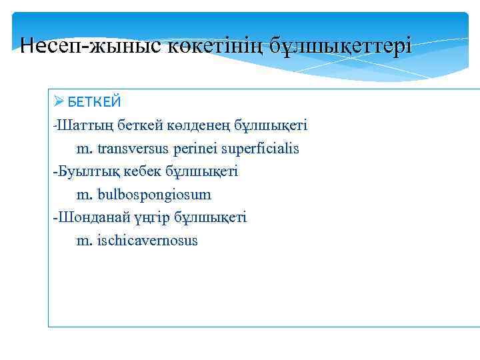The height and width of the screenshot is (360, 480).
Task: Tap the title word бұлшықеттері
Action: pos(343,47)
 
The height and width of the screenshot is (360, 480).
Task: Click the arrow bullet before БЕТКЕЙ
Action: pos(59,102)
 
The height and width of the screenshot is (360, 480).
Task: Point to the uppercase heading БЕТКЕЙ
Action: pos(94,102)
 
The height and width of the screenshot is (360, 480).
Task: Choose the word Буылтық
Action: pos(83,171)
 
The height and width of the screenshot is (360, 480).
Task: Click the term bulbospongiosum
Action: pos(153,195)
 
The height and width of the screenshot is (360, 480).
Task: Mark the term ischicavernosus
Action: pos(147,241)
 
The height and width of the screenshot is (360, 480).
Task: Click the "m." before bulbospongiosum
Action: pos(84,195)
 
